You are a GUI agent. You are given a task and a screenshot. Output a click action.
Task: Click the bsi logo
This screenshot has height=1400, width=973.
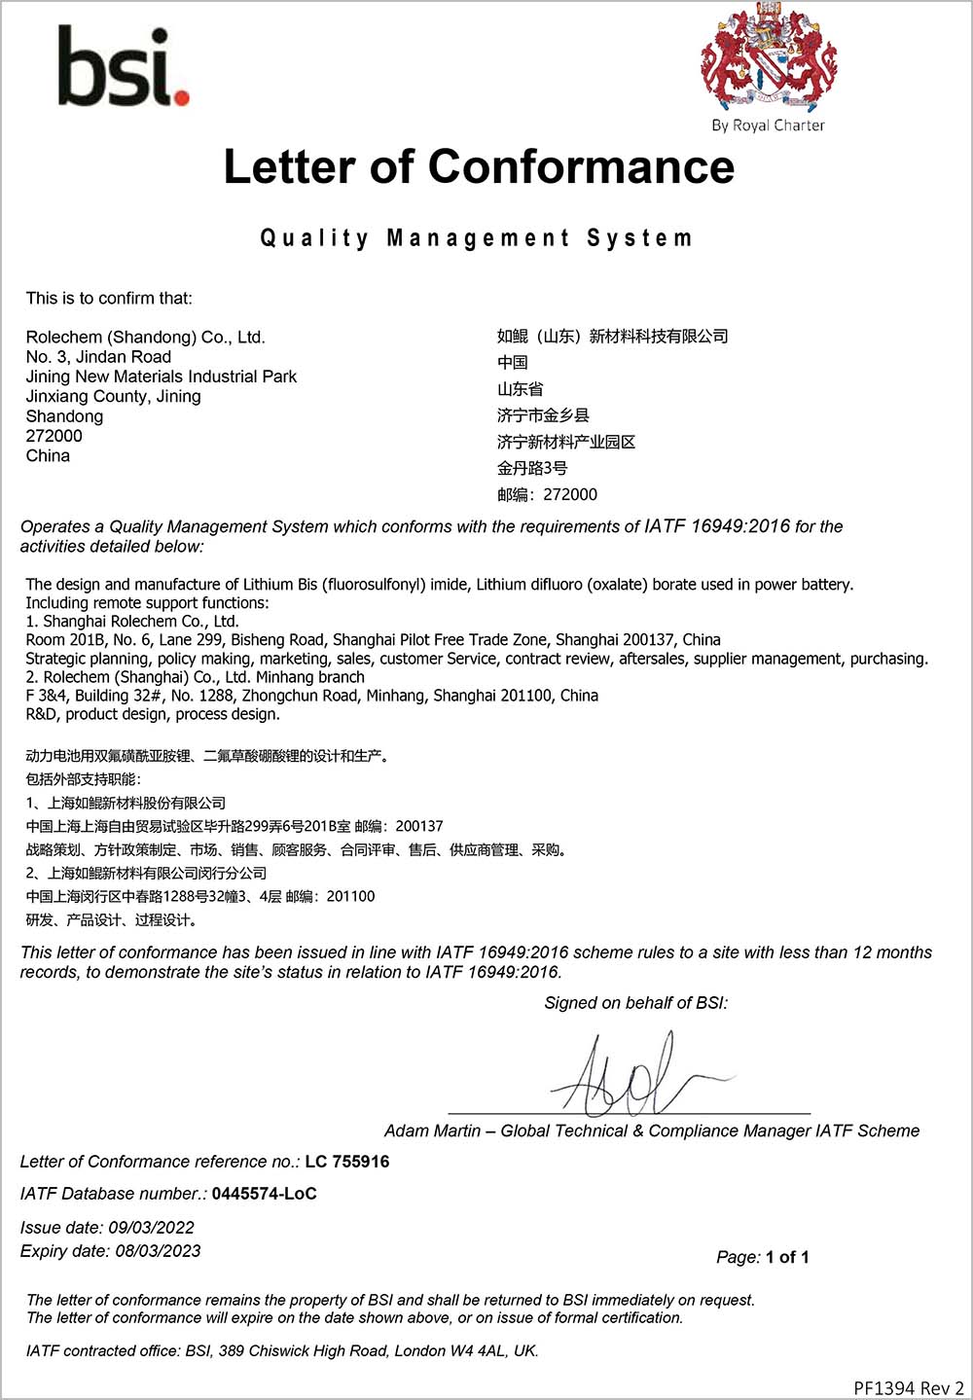coord(123,66)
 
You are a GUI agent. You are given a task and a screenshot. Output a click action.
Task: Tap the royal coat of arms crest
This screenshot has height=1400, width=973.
coord(769,56)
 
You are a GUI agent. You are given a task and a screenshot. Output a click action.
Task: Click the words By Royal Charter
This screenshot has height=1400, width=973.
coord(768,126)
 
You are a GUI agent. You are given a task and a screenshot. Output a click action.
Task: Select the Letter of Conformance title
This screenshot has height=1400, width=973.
coord(479,166)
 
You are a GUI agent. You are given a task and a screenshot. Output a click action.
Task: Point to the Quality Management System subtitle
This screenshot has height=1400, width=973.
coord(476,238)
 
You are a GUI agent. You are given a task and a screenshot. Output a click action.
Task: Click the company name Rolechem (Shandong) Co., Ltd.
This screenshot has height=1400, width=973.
coord(146,338)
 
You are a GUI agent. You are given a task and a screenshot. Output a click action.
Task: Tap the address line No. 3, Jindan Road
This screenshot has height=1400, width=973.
coord(98,357)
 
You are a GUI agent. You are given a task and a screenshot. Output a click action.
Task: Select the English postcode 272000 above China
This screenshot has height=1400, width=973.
coord(54,436)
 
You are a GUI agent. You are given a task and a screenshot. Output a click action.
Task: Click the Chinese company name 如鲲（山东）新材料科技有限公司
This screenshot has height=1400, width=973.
coord(612,337)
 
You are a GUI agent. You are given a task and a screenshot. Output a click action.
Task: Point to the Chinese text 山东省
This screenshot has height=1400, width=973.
coord(520,389)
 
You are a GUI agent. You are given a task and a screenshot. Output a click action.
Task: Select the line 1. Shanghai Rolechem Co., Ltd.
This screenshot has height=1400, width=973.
coord(132,621)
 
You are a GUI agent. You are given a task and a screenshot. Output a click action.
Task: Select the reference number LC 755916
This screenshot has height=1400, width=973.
coord(347,1162)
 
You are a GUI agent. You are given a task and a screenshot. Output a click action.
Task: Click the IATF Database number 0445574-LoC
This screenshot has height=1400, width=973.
coord(265,1194)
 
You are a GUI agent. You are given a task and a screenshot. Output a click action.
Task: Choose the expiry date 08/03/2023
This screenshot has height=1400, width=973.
coord(158,1251)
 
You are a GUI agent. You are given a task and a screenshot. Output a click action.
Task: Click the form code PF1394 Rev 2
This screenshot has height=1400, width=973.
coord(909,1387)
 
